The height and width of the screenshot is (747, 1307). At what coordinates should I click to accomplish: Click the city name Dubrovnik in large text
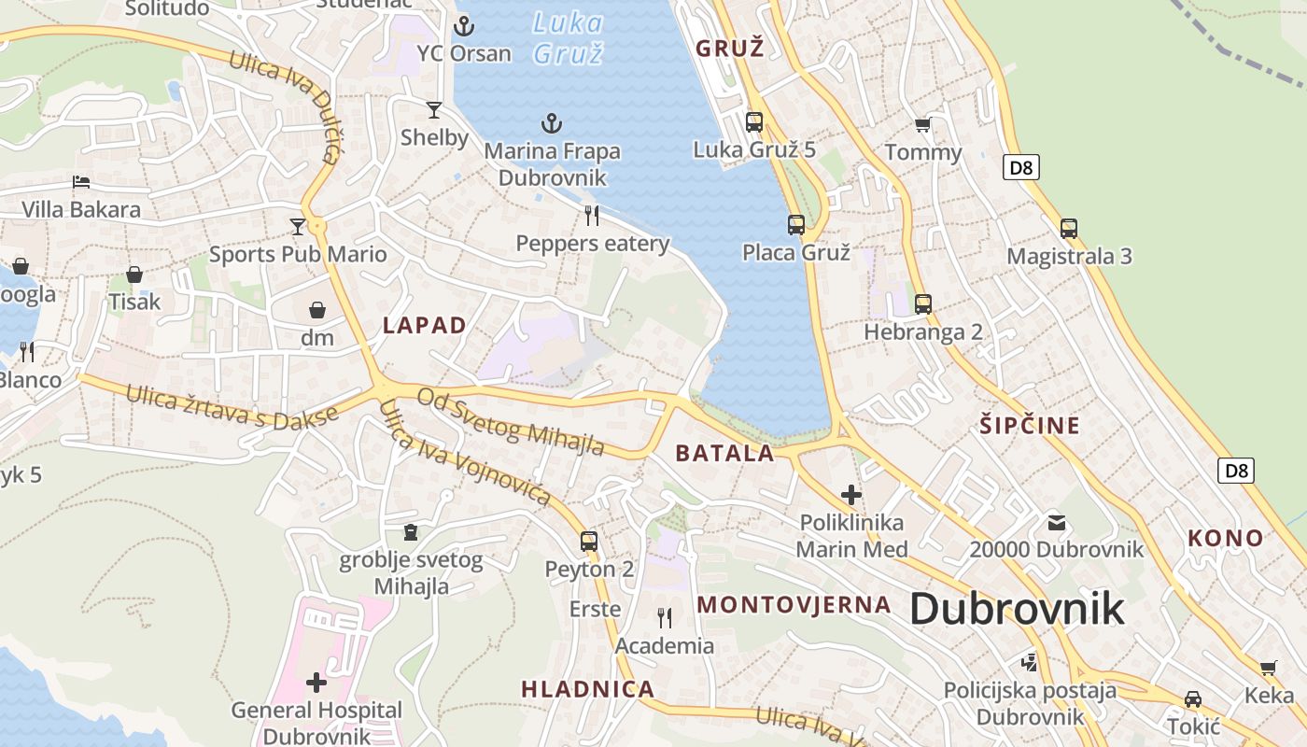[1017, 610]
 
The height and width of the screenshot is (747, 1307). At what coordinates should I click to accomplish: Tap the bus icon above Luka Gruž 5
[754, 121]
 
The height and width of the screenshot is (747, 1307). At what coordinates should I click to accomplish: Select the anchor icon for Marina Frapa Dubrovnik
[552, 123]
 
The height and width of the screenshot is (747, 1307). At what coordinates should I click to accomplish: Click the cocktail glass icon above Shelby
[434, 110]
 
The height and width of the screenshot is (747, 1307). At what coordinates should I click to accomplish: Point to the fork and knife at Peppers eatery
[592, 216]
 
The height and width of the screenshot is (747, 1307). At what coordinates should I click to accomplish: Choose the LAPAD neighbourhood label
[425, 325]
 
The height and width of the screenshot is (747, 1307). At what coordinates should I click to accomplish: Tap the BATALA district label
[724, 454]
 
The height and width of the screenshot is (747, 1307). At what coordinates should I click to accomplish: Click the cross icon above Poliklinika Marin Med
[850, 495]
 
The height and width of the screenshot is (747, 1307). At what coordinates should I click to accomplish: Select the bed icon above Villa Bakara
[81, 182]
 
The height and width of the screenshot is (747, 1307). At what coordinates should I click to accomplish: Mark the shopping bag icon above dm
[317, 310]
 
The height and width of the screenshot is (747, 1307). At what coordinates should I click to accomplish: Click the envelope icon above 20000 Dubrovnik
[1056, 523]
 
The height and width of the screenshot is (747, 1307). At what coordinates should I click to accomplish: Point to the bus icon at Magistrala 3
[1069, 228]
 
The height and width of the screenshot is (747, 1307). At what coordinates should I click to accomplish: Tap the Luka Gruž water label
[568, 37]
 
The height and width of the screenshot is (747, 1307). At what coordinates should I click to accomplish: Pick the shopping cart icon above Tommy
[922, 125]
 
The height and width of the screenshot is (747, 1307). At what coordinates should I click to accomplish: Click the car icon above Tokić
[1193, 699]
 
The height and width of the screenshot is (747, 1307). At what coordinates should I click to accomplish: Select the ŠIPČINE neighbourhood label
[1030, 426]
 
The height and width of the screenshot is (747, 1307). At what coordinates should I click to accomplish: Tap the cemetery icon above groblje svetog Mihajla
[410, 533]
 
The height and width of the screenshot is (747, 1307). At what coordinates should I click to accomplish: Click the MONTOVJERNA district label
[794, 604]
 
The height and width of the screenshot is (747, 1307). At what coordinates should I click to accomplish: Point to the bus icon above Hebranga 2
[923, 303]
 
